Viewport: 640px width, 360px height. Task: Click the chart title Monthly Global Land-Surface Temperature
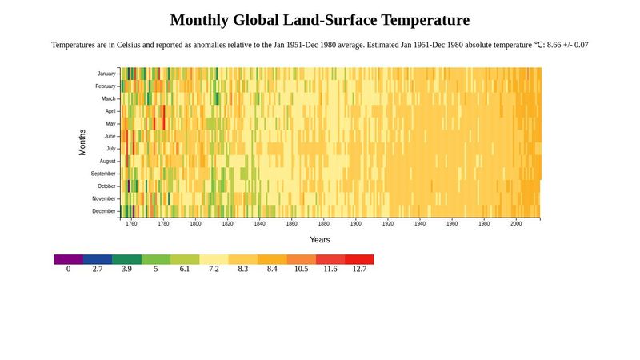click(320, 20)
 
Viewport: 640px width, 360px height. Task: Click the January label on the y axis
click(106, 74)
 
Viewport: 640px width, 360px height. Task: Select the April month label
click(110, 111)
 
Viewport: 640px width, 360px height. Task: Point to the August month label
click(107, 162)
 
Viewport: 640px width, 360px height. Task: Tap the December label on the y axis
click(104, 211)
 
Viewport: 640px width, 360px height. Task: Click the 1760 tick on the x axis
click(131, 224)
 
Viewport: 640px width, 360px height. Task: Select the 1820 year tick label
click(227, 224)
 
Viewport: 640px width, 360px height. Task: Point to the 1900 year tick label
click(356, 224)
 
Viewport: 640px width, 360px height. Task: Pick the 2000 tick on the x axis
click(516, 224)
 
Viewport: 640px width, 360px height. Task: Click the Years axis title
click(320, 240)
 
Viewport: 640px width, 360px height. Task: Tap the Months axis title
click(82, 142)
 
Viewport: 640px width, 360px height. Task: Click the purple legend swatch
click(68, 259)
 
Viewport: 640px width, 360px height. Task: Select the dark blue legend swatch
click(98, 259)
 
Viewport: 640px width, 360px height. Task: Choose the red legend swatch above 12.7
click(359, 259)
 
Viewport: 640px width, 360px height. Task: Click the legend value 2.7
click(98, 270)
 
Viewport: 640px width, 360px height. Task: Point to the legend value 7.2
click(214, 270)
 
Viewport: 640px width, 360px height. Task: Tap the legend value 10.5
click(301, 270)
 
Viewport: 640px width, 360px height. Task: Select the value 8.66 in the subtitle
click(554, 45)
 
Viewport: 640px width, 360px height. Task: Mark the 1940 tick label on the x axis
click(420, 224)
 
